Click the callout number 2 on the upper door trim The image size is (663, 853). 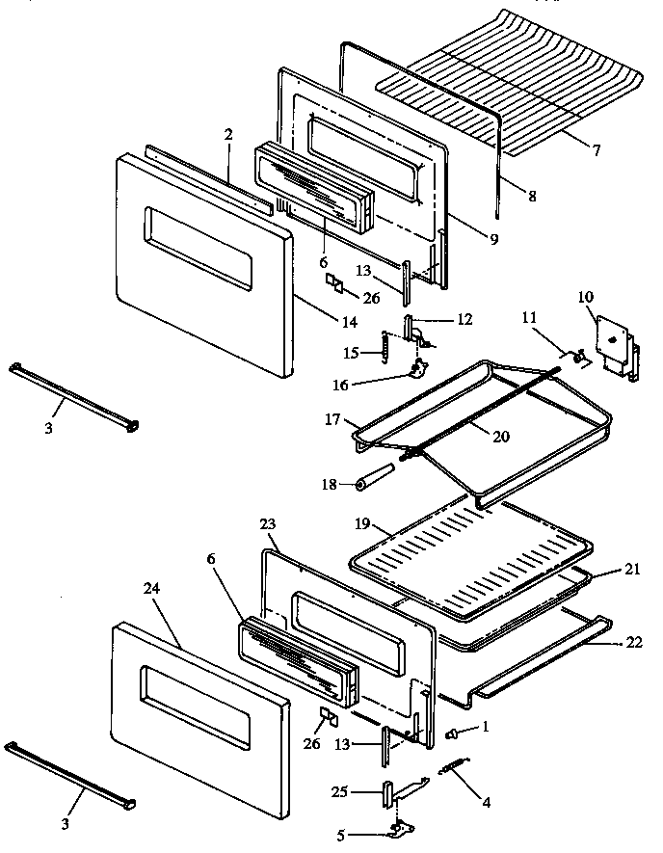pos(227,135)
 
